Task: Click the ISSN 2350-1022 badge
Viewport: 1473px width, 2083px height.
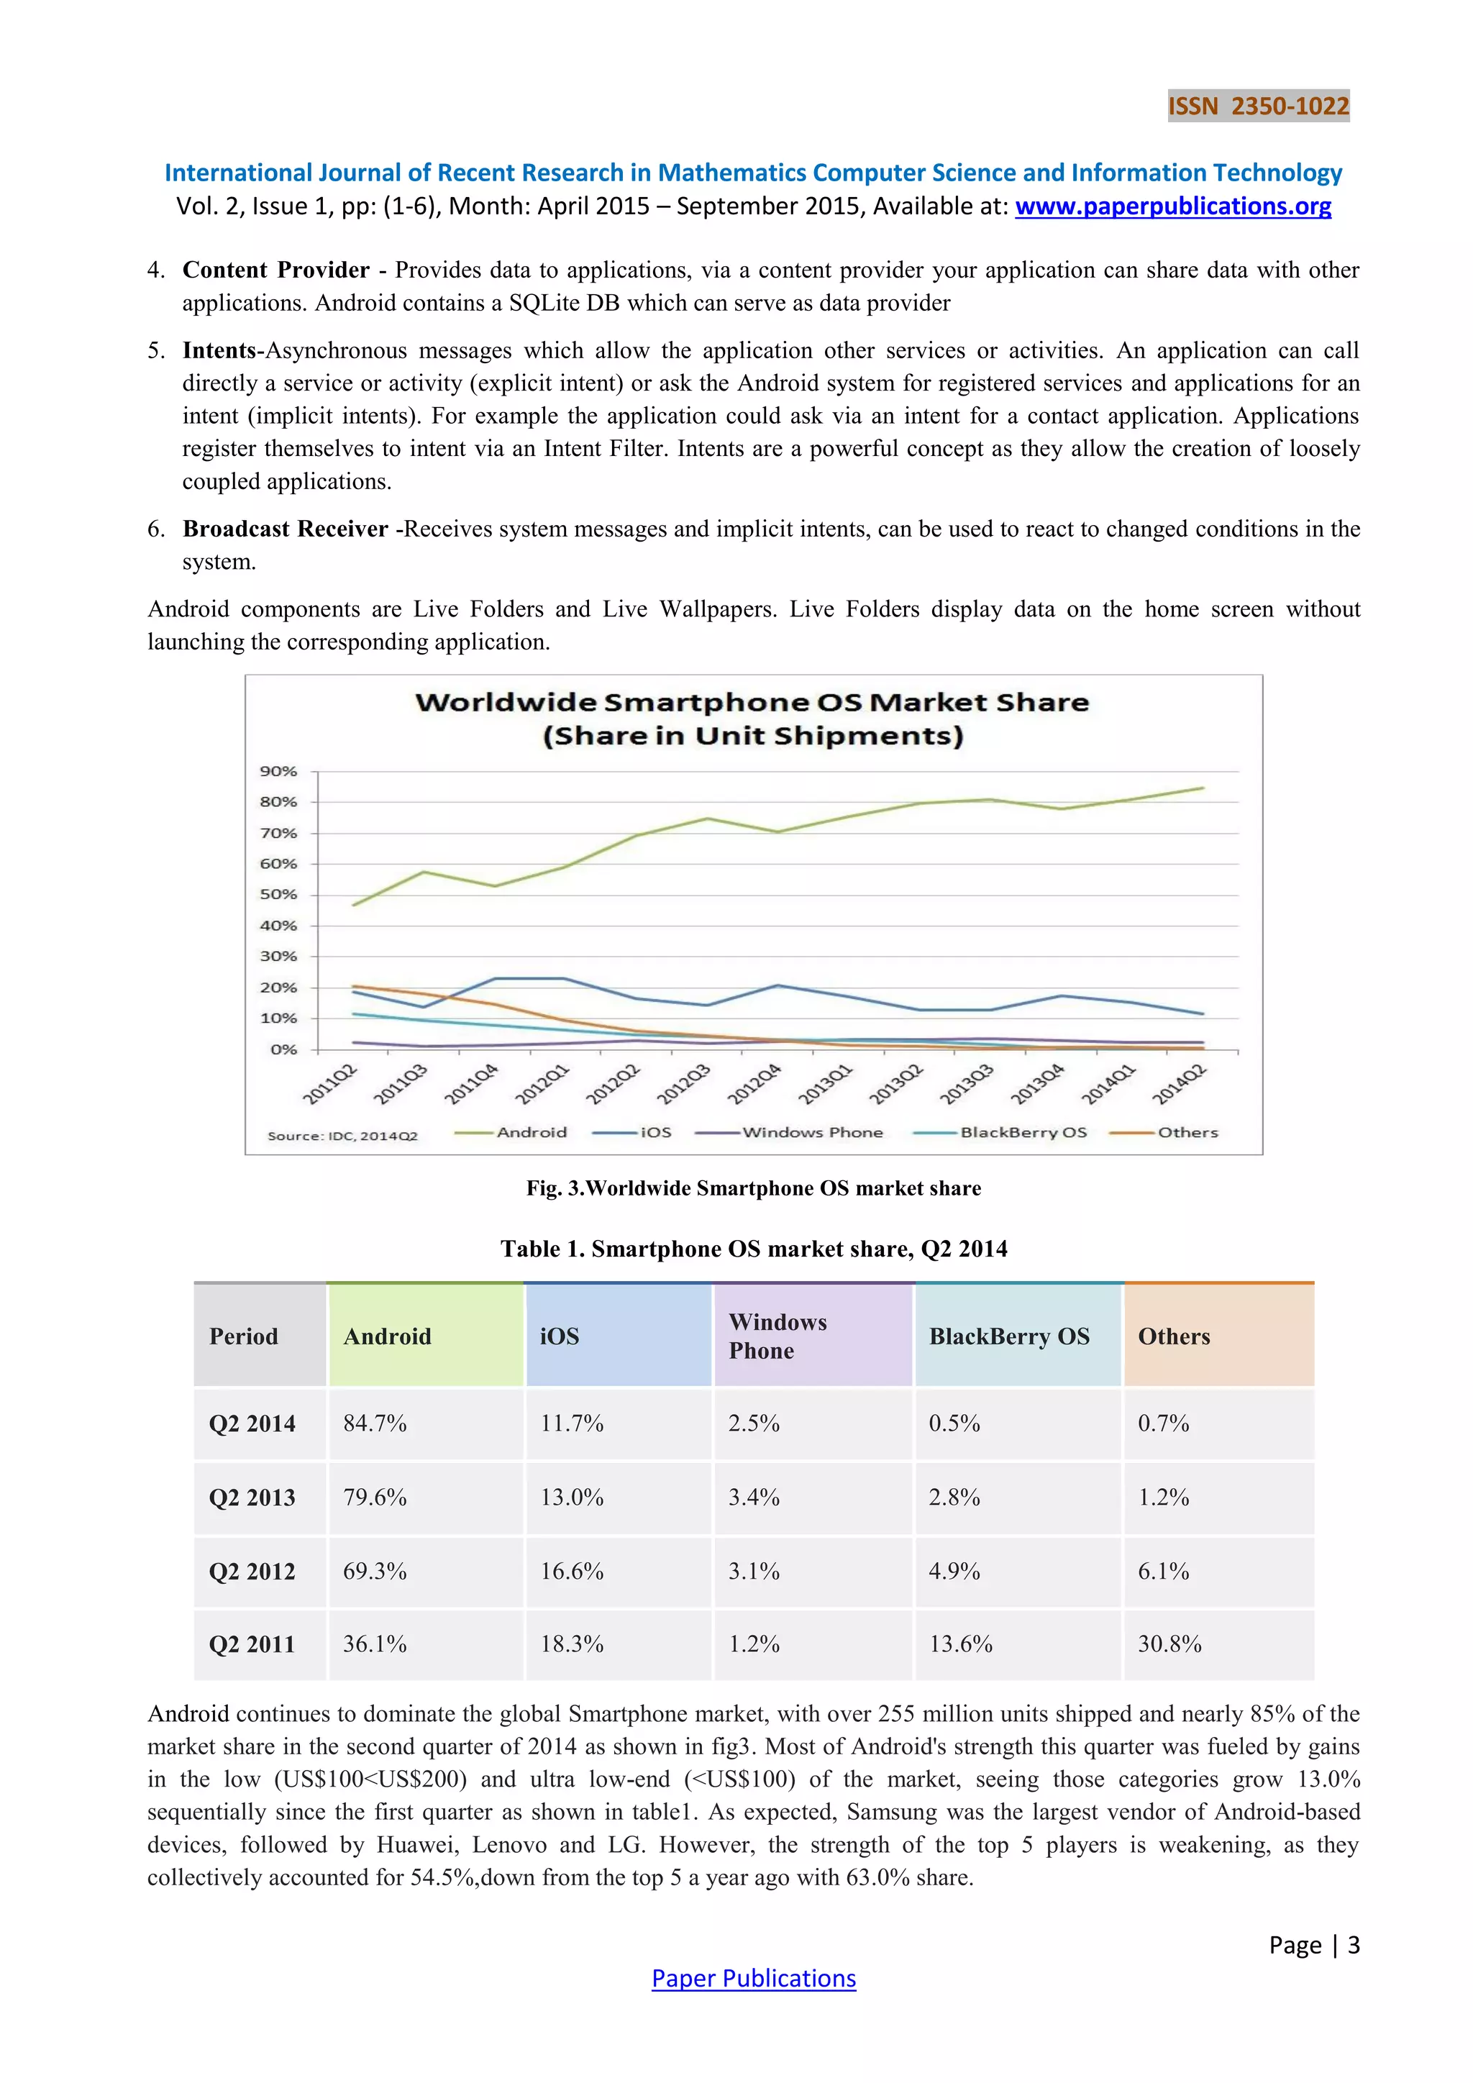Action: click(1258, 106)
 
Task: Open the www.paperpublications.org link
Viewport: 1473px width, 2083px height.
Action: click(1173, 207)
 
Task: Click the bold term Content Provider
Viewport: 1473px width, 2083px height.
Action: click(275, 270)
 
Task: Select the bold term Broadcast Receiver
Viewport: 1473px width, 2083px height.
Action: click(286, 529)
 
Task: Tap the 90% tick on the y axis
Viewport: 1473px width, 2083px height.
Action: click(278, 771)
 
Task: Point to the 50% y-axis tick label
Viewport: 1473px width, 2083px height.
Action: click(278, 895)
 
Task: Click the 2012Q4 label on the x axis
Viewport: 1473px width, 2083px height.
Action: click(754, 1084)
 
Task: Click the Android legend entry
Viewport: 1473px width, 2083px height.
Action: click(531, 1132)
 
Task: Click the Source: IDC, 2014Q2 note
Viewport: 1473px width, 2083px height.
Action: click(342, 1136)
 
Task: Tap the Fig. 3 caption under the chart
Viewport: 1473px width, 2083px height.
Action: click(754, 1188)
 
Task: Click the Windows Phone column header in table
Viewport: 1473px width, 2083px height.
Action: click(777, 1336)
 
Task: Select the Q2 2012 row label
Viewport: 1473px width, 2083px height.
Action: click(252, 1572)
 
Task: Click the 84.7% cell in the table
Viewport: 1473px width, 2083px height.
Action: click(375, 1423)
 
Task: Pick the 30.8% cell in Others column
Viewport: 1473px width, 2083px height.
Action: click(1169, 1644)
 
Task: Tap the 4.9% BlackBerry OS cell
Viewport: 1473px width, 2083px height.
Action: click(954, 1572)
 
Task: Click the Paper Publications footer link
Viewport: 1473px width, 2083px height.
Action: click(754, 1979)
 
